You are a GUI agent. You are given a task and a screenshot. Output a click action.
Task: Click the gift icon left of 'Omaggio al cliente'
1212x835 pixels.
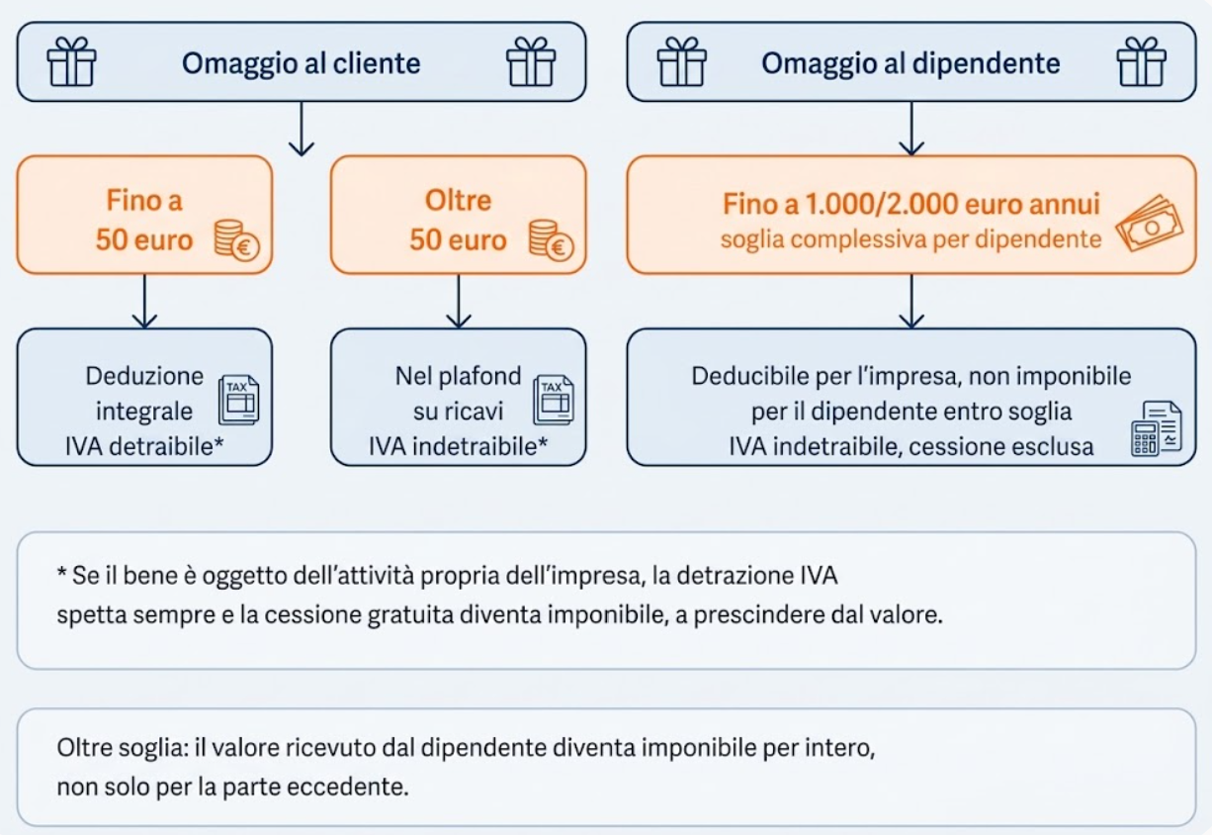point(71,61)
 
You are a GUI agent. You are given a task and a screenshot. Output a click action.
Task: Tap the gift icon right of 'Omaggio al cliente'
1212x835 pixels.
point(531,61)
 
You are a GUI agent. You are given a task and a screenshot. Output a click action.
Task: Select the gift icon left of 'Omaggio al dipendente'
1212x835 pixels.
point(682,61)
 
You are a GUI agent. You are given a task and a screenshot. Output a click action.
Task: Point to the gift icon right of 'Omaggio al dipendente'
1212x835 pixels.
point(1142,61)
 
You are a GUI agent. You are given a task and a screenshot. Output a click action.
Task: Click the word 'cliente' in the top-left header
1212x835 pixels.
point(376,63)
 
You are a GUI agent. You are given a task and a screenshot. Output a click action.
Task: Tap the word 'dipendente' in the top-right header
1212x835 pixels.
point(986,64)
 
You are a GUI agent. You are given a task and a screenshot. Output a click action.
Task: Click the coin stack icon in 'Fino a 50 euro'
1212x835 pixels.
point(237,240)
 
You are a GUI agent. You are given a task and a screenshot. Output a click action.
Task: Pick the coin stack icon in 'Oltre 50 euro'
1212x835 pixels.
point(551,240)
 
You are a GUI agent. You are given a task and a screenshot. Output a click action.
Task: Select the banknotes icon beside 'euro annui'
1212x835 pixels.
point(1150,224)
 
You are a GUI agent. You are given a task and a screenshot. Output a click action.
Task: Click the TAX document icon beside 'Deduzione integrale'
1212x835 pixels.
point(238,400)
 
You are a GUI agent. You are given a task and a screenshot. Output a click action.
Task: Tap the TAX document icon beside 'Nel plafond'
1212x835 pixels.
point(553,400)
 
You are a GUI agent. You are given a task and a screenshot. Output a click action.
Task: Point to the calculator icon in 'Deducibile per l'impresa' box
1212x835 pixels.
point(1157,428)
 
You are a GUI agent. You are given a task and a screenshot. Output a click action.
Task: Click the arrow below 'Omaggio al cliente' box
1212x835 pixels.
point(302,130)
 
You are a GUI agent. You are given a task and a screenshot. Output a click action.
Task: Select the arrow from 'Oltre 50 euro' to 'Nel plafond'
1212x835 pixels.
point(459,301)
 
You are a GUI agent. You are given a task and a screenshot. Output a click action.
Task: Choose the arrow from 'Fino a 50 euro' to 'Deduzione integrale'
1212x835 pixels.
point(144,301)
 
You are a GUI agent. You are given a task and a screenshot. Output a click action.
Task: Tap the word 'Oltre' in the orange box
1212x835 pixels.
point(459,201)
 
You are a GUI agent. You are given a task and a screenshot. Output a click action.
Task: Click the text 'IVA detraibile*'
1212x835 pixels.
point(144,447)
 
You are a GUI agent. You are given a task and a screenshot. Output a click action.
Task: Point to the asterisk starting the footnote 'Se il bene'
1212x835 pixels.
point(61,571)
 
